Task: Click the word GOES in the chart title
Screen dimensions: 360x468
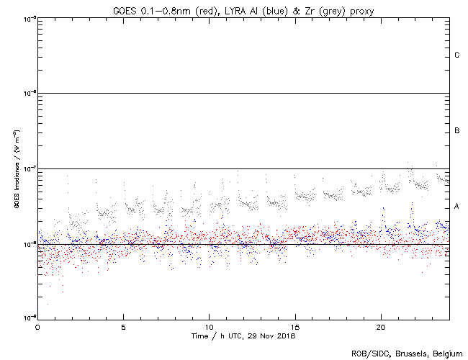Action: pos(123,10)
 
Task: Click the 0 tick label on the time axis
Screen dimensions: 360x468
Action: pos(37,326)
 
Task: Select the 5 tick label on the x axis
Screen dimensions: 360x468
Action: pos(123,326)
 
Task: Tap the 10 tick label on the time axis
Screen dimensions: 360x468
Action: pos(209,326)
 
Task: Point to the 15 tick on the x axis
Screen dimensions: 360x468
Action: pos(294,326)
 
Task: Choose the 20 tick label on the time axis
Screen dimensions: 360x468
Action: pos(380,326)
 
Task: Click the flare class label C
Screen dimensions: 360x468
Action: pos(457,55)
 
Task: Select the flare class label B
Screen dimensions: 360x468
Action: pos(457,131)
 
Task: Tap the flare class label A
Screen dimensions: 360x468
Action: pos(457,207)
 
